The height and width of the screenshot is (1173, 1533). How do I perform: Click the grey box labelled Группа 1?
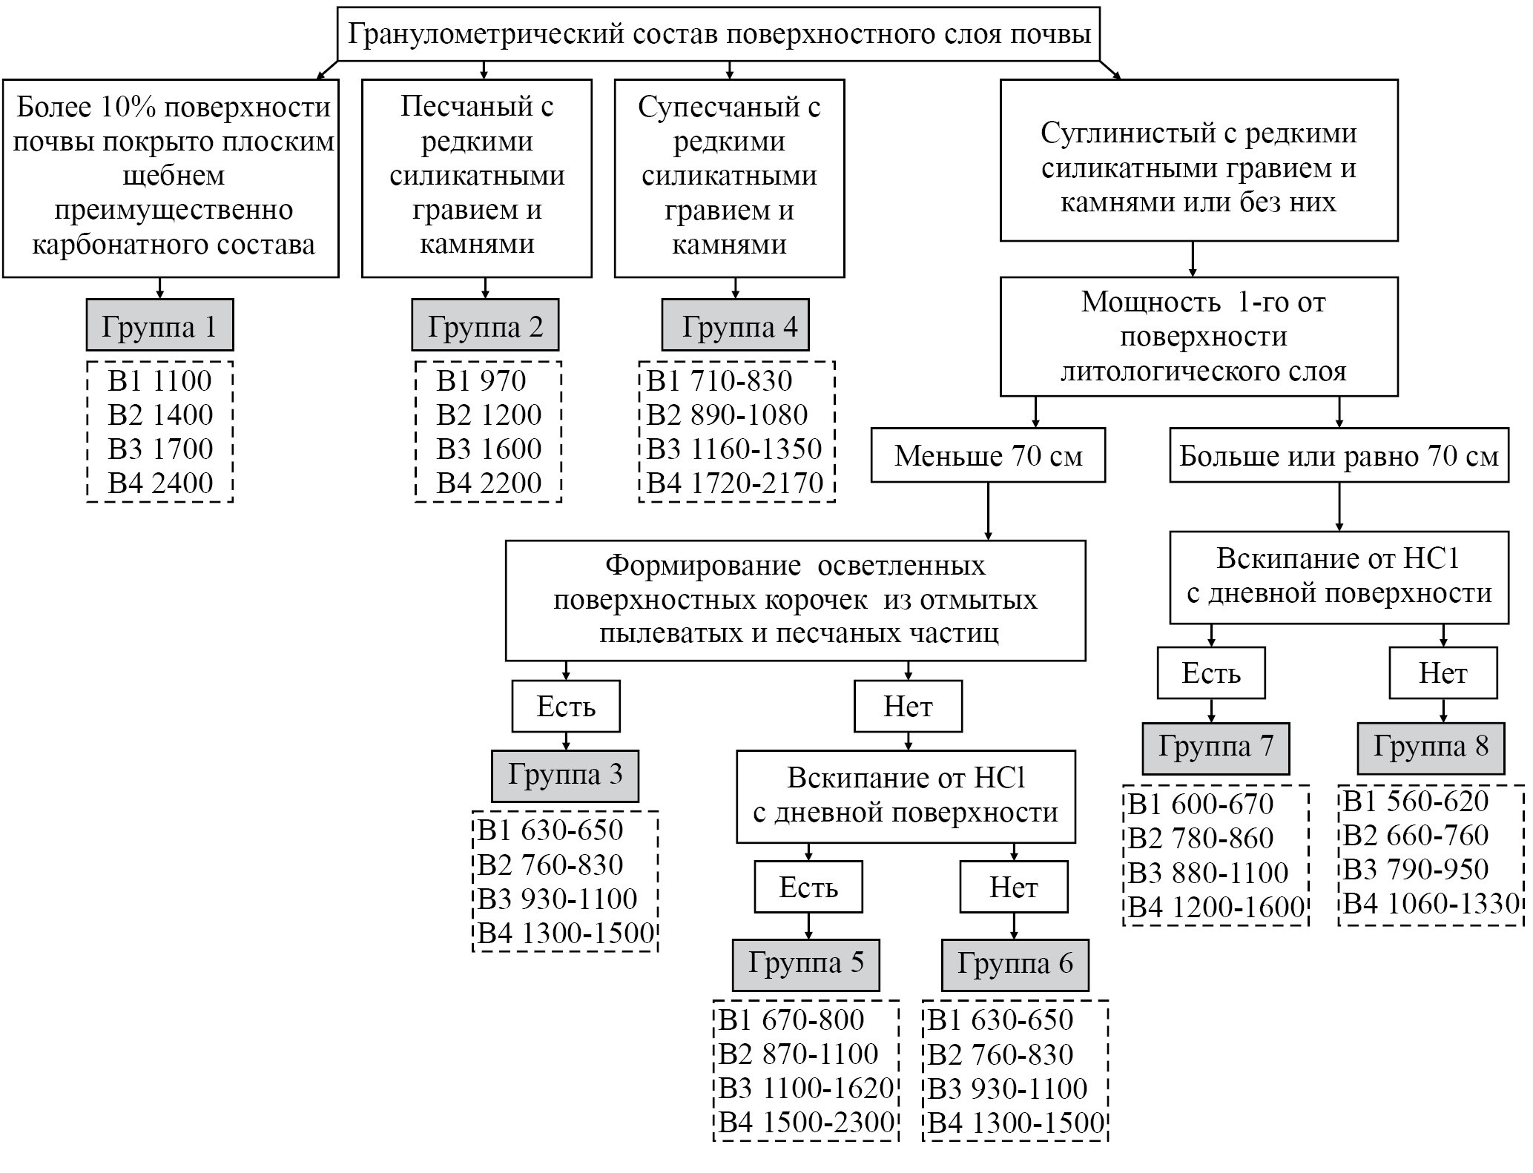coord(159,326)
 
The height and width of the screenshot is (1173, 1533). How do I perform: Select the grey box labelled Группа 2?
coord(485,326)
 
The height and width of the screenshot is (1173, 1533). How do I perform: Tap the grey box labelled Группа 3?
coord(564,776)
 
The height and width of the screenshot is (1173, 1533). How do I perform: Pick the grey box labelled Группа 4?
coord(735,326)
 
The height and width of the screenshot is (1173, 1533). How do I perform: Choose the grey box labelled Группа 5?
coord(805,965)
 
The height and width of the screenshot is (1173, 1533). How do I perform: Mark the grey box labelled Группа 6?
coord(1015,965)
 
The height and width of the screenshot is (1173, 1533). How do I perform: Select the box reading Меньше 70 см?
coord(988,455)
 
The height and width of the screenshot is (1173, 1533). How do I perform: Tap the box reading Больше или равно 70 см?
coord(1339,455)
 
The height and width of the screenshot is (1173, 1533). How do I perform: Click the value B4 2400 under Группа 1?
coord(160,483)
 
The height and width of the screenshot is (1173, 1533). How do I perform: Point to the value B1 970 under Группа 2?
coord(481,380)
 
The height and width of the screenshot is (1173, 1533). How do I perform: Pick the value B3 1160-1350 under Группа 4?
coord(734,449)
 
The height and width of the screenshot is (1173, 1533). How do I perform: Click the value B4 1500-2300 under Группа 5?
coord(806,1123)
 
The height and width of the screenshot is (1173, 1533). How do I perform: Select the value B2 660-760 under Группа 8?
coord(1416,836)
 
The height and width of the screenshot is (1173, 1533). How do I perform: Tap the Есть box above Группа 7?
coord(1210,673)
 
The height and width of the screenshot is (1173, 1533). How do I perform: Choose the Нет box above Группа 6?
coord(1013,887)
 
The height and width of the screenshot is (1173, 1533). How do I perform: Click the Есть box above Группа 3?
coord(565,707)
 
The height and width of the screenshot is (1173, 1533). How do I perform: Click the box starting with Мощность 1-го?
coord(1199,337)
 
